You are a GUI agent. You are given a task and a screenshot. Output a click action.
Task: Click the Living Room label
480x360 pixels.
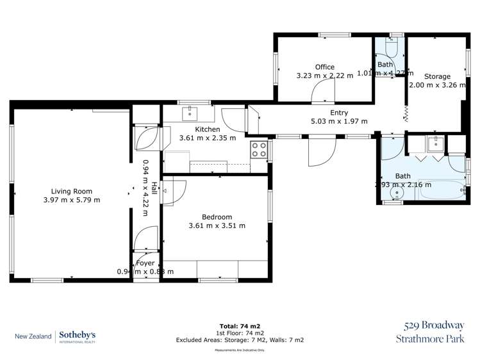pos(72,191)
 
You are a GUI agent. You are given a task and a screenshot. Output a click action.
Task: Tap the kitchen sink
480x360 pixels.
pos(190,114)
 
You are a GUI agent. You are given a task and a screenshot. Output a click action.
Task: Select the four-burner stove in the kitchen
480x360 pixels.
pos(259,150)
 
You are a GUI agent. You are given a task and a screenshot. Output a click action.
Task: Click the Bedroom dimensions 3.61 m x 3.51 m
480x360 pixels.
pos(217,225)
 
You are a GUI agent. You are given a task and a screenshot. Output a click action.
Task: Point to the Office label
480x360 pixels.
pos(324,67)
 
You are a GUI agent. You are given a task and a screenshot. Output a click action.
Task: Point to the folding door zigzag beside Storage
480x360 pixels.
pos(406,115)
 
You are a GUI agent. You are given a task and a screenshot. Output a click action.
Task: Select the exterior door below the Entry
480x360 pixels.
pos(321,152)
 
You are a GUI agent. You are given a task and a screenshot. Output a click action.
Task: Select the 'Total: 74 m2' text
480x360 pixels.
pos(240,325)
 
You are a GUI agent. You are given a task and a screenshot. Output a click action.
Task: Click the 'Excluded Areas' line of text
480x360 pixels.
pos(240,340)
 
